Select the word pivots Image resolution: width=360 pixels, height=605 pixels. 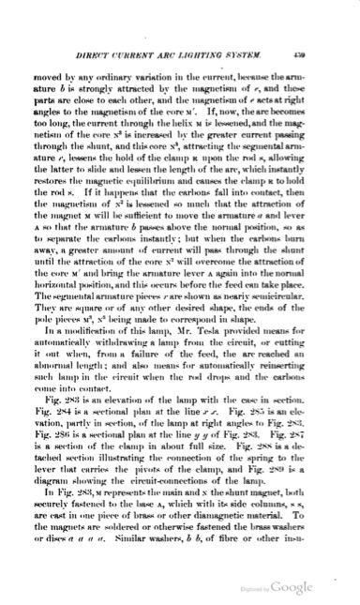(168, 468)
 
